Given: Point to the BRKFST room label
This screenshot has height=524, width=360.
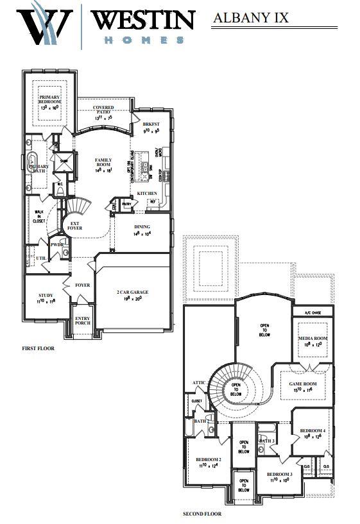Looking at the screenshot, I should click(x=151, y=126).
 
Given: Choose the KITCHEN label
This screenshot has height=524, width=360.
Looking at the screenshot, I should click(x=147, y=193).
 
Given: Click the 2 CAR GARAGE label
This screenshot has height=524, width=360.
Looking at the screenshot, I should click(x=132, y=292).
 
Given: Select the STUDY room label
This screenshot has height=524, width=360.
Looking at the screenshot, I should click(x=46, y=296).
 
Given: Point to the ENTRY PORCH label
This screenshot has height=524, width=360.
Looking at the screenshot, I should click(x=83, y=321).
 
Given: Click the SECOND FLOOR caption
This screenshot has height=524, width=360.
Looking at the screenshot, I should click(x=203, y=513).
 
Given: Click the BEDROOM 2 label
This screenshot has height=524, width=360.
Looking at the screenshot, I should click(x=209, y=461).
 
